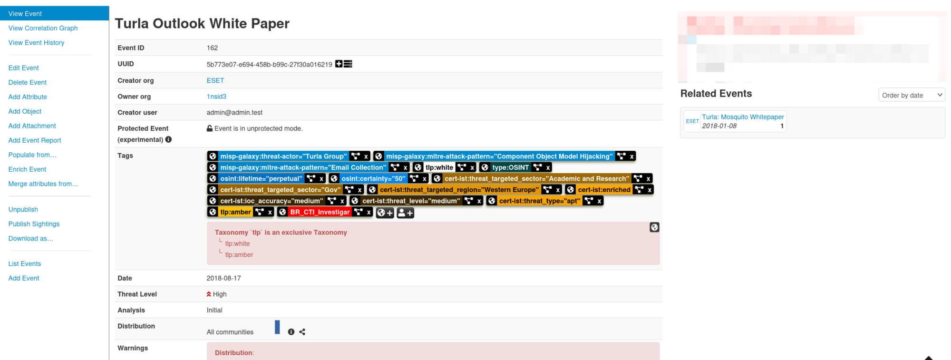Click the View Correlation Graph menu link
click(x=43, y=28)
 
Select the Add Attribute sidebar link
click(x=28, y=97)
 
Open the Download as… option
click(x=31, y=238)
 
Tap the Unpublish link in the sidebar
click(x=23, y=209)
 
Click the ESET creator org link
click(x=215, y=80)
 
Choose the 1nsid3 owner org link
click(x=216, y=97)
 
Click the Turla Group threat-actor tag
click(x=283, y=156)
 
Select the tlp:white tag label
click(x=439, y=167)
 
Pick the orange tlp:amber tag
click(x=235, y=212)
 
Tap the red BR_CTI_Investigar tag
click(x=320, y=212)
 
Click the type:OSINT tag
click(x=510, y=167)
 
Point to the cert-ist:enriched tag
click(x=604, y=190)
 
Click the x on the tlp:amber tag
click(x=270, y=212)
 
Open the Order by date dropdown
click(x=911, y=95)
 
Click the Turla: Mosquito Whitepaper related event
click(x=743, y=117)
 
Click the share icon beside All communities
click(x=302, y=332)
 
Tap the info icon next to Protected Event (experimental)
click(x=168, y=139)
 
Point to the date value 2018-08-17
click(x=223, y=278)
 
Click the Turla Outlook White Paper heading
click(x=202, y=23)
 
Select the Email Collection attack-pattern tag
click(x=303, y=167)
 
